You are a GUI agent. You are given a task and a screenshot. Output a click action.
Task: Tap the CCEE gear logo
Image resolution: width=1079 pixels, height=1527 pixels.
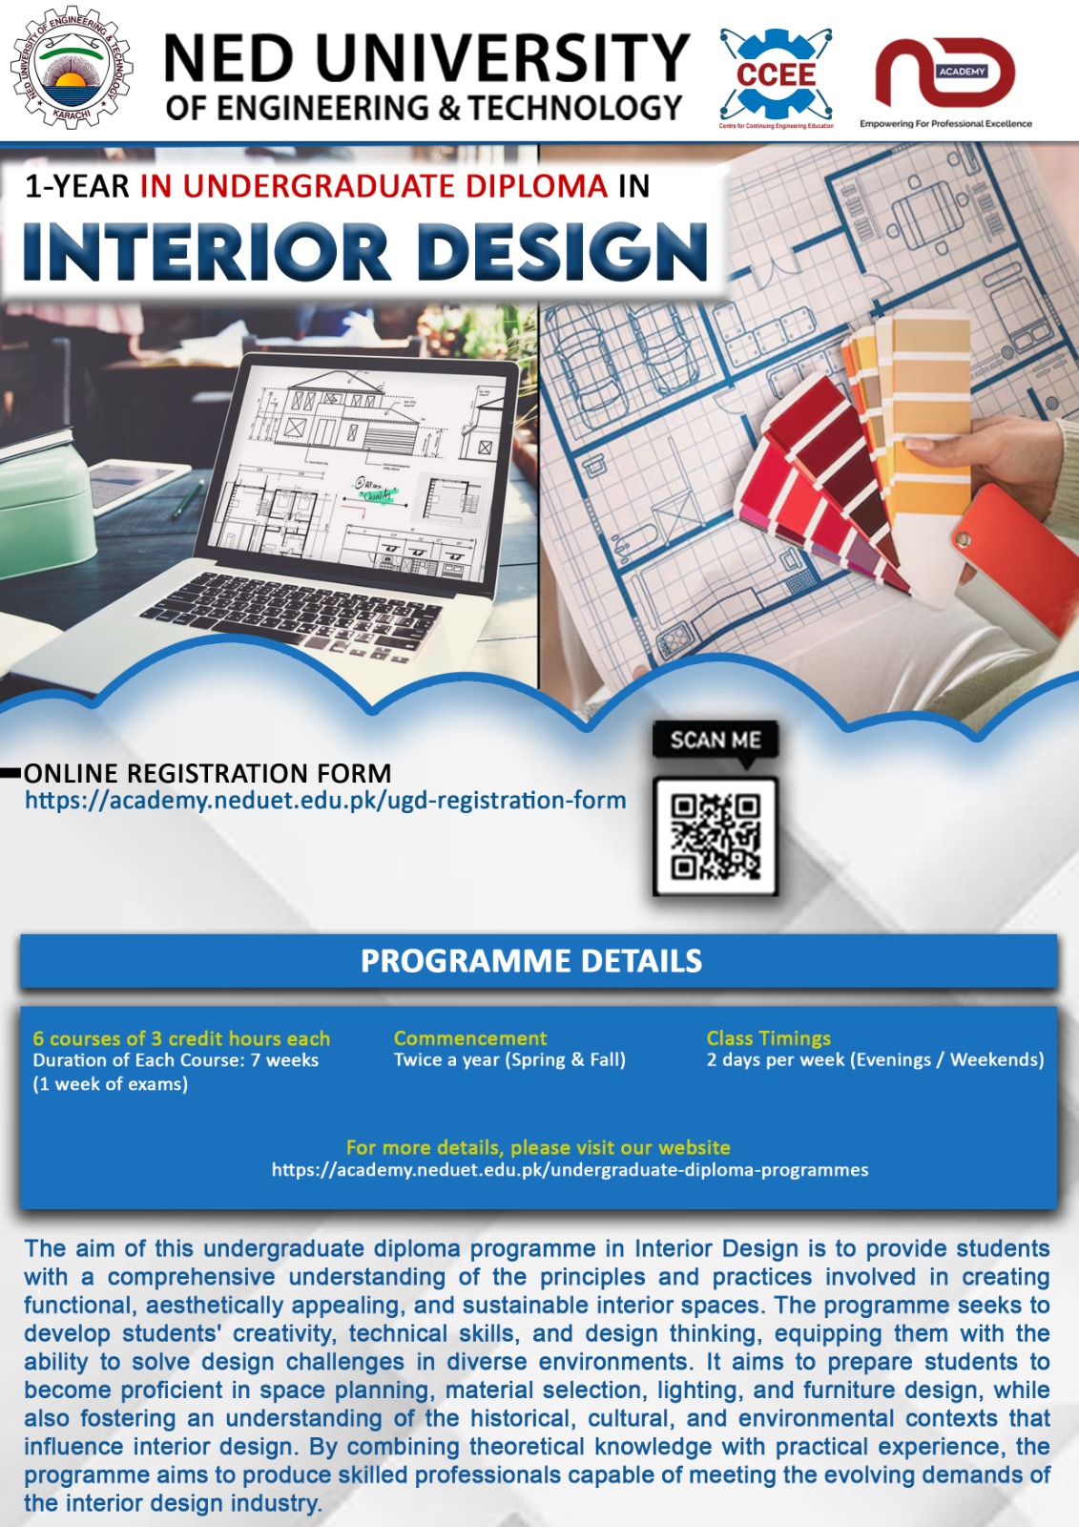[x=776, y=74]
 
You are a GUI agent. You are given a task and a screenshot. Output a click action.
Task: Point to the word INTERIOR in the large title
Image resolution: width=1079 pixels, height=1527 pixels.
[x=206, y=253]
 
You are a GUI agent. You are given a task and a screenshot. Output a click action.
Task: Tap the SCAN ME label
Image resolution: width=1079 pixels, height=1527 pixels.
[x=716, y=741]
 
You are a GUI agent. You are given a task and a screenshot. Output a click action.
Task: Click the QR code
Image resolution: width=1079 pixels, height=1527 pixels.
[x=716, y=837]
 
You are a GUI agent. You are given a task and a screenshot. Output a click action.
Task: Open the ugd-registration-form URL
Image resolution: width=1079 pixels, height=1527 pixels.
[x=325, y=801]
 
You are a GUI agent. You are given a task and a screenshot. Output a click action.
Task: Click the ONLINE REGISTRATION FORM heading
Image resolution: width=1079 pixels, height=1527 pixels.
[x=208, y=773]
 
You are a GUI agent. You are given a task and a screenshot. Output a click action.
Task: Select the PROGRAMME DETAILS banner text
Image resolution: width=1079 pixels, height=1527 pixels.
[x=531, y=961]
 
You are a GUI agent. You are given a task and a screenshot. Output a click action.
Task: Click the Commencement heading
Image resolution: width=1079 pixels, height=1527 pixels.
[x=470, y=1038]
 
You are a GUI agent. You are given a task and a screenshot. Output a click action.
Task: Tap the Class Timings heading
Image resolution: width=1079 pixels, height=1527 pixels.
[x=769, y=1038]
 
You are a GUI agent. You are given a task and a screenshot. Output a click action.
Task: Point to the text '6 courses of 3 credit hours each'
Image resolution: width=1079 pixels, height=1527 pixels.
[x=181, y=1038]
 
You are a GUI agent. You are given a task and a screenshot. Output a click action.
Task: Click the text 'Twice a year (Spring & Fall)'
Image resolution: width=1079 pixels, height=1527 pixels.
[x=509, y=1060]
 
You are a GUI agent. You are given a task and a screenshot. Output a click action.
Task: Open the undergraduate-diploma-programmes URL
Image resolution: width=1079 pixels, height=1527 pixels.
[x=570, y=1170]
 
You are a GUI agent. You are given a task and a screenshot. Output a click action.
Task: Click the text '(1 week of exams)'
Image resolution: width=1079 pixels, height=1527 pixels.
[x=111, y=1084]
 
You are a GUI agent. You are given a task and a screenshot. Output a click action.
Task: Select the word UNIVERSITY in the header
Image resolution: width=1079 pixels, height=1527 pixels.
[x=503, y=59]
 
